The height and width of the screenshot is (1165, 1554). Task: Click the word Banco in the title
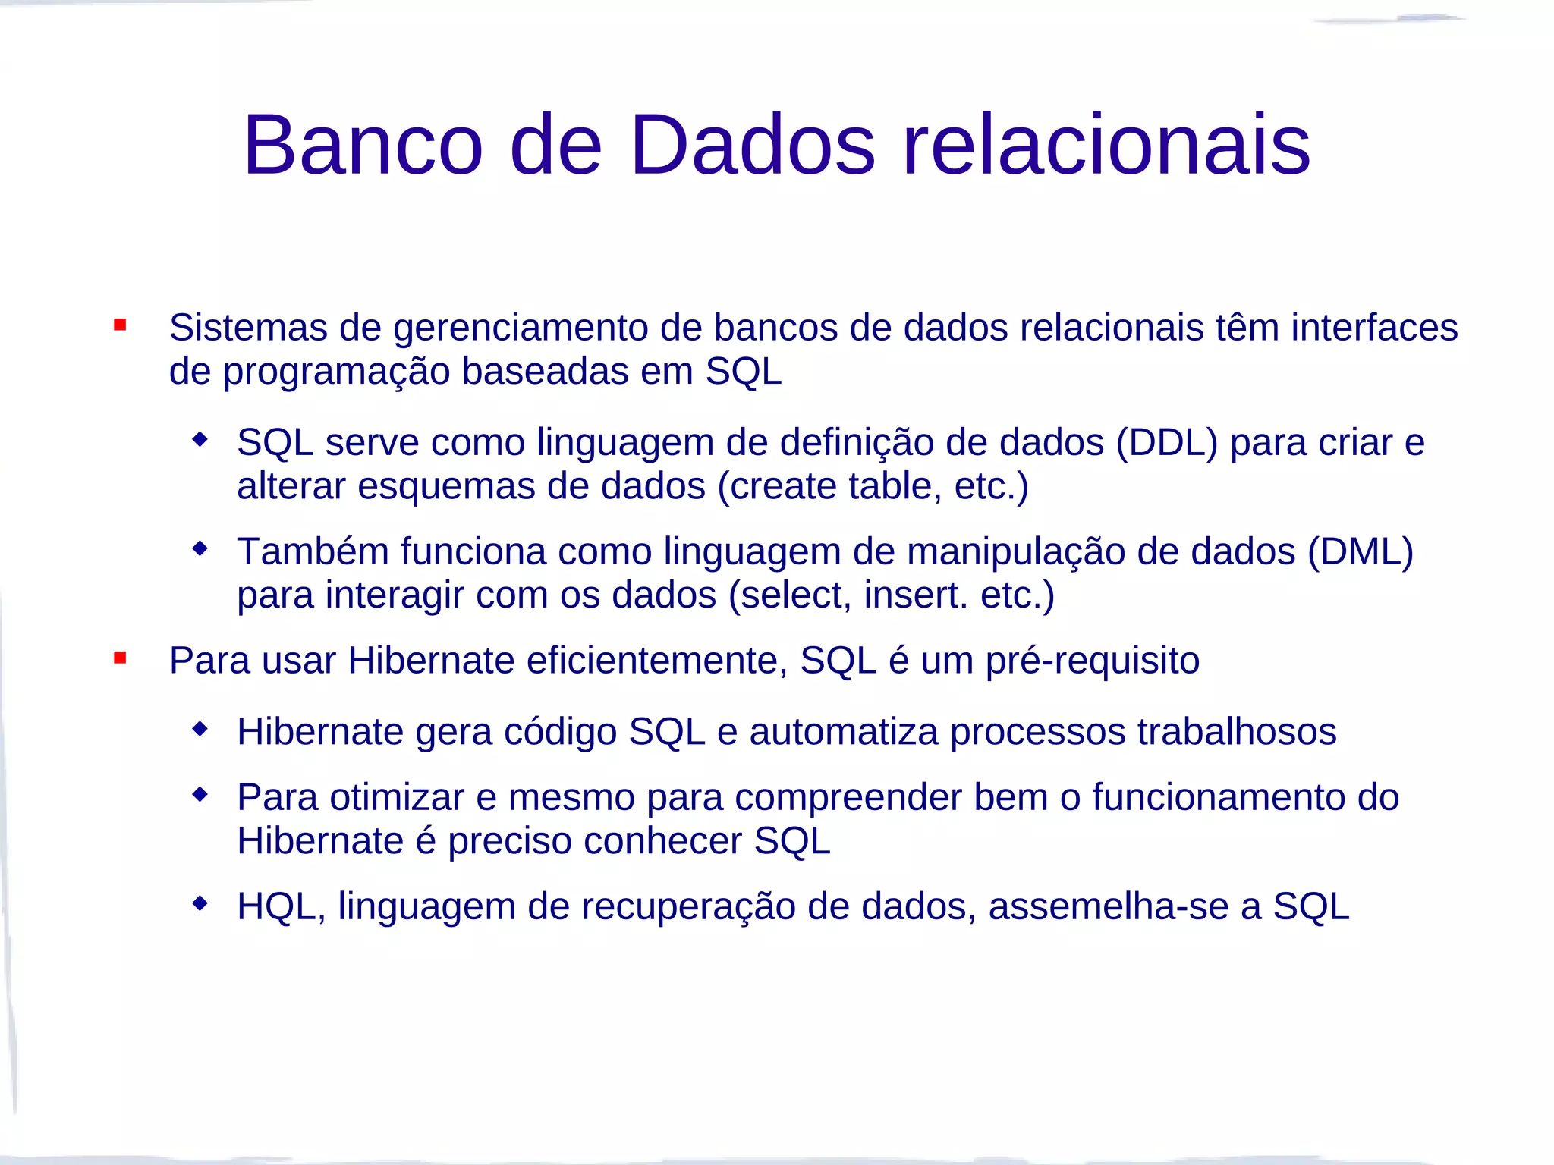click(363, 145)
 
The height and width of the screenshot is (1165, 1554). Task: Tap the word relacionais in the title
click(1106, 145)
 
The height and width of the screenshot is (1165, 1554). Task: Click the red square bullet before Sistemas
click(120, 325)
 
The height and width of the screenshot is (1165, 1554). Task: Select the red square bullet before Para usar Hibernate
click(120, 658)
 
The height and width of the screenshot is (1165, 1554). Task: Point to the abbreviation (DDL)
click(1166, 443)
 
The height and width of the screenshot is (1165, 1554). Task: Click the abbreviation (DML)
click(1360, 552)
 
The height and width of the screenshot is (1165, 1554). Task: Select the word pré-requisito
click(1093, 661)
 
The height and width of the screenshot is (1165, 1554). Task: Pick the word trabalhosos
click(1237, 732)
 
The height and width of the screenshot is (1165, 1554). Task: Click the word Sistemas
click(247, 328)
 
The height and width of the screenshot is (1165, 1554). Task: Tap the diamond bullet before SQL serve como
click(200, 439)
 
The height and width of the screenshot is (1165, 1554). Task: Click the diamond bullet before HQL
click(200, 903)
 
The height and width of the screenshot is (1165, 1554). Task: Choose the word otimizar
click(397, 798)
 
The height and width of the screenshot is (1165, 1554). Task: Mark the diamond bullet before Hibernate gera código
click(200, 729)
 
